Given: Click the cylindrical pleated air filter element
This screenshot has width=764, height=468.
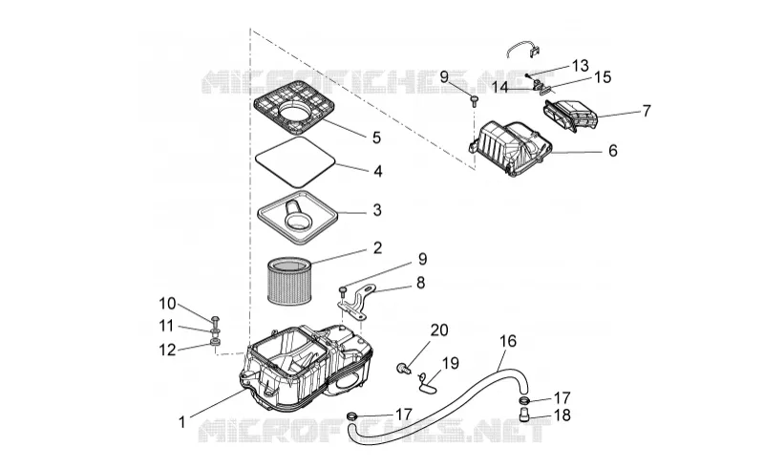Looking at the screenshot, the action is tap(288, 282).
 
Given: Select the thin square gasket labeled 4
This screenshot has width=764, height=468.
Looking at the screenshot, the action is tap(295, 141).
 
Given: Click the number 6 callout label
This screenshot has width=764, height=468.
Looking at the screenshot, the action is tap(612, 151).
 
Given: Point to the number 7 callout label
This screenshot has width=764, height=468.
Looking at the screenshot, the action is tap(647, 111).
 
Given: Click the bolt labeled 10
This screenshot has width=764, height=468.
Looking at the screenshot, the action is tap(216, 320).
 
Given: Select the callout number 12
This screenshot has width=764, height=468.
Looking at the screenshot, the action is tap(167, 349).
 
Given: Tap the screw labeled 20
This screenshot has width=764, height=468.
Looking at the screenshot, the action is tap(403, 368).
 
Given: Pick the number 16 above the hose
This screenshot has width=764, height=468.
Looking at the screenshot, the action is tap(508, 340).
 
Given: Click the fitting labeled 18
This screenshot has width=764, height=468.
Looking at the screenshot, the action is tap(524, 415).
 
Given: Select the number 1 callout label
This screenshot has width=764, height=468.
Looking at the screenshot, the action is tap(182, 422).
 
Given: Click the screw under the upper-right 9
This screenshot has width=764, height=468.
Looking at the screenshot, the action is tap(474, 100).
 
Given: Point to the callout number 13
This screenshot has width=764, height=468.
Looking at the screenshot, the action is tap(580, 65).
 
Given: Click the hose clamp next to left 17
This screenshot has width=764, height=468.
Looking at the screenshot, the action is tap(351, 415).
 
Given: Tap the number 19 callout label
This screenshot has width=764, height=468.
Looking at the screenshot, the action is tap(450, 363).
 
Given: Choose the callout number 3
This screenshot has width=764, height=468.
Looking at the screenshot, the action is tap(376, 210).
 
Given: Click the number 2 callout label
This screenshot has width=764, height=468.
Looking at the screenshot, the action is tap(377, 247).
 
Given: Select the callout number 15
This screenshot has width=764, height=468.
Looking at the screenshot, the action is tap(603, 77).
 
